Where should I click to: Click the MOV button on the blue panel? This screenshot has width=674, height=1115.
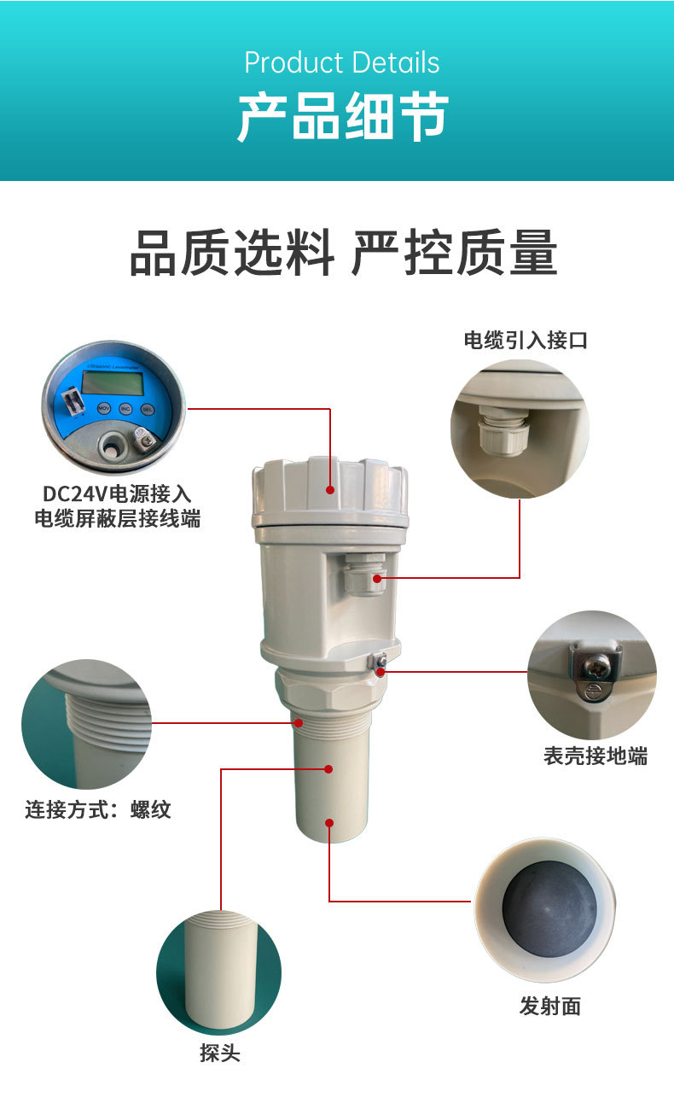(102, 407)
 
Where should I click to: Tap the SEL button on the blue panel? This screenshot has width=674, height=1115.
(146, 409)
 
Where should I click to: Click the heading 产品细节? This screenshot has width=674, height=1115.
(342, 117)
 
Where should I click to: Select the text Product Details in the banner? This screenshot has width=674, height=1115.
(342, 62)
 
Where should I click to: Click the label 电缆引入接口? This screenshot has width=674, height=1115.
(526, 341)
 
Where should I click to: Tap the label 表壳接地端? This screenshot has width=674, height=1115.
(595, 756)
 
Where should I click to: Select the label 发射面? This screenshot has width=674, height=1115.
(549, 1007)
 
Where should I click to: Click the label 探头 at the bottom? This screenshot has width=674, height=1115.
(220, 1054)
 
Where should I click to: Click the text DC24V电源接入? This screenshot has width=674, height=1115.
(117, 493)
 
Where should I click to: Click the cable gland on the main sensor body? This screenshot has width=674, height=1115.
(362, 574)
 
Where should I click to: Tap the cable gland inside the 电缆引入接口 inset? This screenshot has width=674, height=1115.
(500, 431)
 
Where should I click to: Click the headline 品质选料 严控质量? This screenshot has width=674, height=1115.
(343, 254)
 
